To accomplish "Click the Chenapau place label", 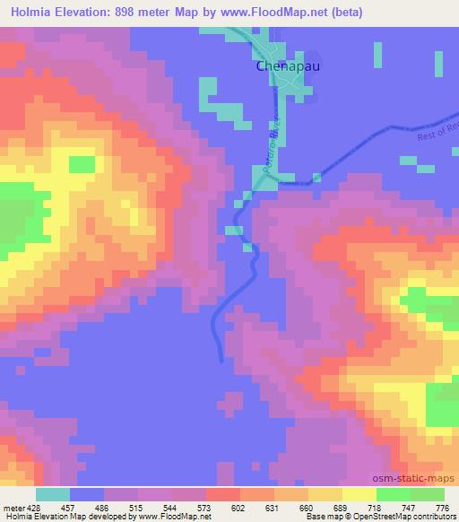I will (x=281, y=66).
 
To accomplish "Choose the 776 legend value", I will (x=442, y=507).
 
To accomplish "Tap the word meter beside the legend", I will (x=11, y=507).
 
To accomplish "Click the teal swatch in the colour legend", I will (x=53, y=494).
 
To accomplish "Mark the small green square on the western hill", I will (x=82, y=164).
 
